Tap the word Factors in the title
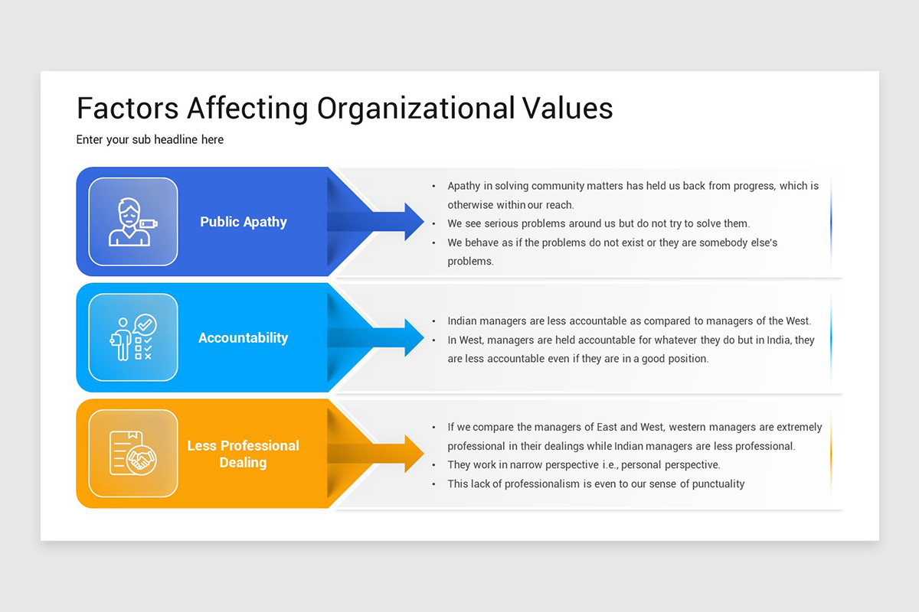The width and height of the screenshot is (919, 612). pos(127,108)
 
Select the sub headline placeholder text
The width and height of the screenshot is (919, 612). pos(150,139)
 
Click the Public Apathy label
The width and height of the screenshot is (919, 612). pos(244,222)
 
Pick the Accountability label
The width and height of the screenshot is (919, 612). pos(243,337)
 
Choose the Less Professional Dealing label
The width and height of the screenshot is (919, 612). pos(243,454)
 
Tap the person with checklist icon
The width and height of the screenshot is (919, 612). pos(132,337)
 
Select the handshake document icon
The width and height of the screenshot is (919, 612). pos(132,454)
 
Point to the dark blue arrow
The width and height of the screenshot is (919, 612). pos(383,222)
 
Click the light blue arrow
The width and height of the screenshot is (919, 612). pos(383,337)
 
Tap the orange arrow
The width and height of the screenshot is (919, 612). pos(383,454)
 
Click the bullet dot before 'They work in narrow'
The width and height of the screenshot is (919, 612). pos(434,465)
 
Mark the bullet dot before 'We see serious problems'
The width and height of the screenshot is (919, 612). pos(434,224)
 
